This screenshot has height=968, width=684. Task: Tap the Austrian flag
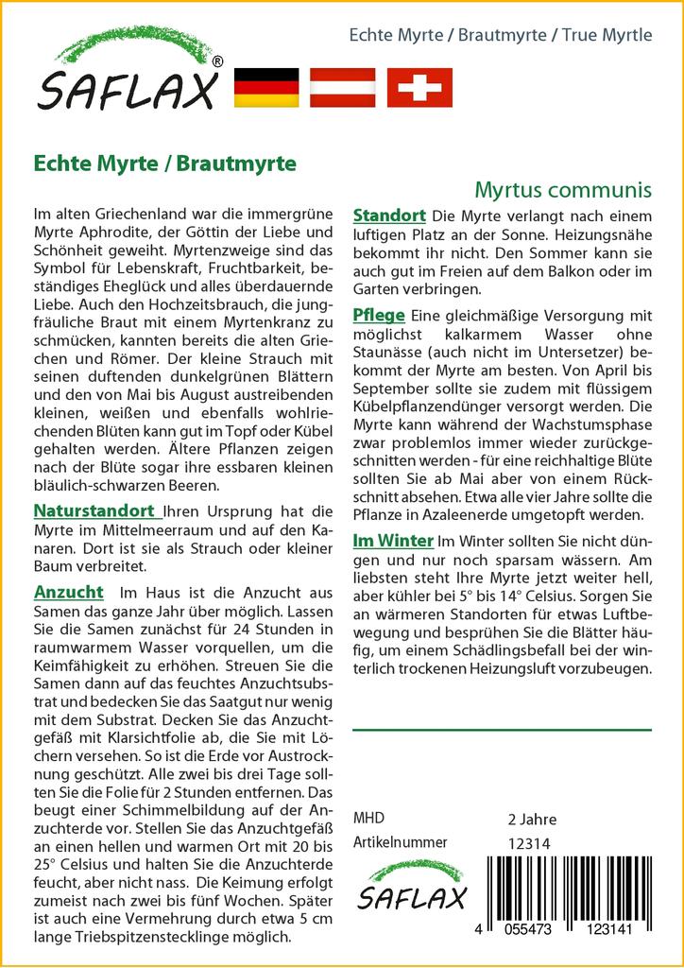click(342, 88)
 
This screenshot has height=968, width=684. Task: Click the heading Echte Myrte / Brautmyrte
click(164, 163)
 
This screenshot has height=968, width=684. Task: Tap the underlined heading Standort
click(388, 216)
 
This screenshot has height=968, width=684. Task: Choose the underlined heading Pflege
click(378, 315)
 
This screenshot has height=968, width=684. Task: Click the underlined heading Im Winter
click(392, 541)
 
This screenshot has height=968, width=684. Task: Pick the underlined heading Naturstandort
click(94, 511)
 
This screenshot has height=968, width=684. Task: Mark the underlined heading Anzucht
click(68, 593)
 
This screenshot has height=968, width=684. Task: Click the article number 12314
click(529, 843)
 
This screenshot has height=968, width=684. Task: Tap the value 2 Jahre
click(532, 819)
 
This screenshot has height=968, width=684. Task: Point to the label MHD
click(368, 819)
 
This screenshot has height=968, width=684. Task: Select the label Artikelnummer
click(400, 843)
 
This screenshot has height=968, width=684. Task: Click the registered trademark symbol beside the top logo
click(217, 62)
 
